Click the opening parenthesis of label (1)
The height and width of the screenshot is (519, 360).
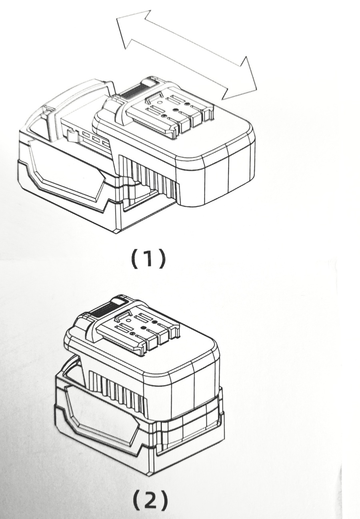click(134, 258)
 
